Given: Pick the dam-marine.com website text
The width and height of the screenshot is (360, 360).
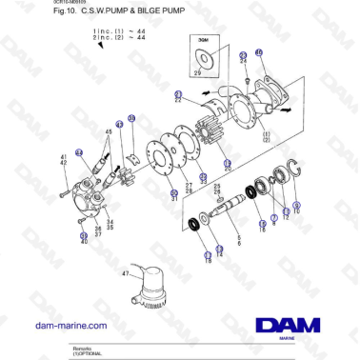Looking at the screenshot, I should click(x=70, y=326).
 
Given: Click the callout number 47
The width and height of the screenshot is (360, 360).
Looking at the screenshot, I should click(x=125, y=272).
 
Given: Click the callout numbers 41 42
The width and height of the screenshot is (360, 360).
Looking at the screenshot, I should click(x=64, y=161).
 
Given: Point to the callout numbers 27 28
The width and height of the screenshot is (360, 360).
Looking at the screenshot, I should click(x=190, y=187).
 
